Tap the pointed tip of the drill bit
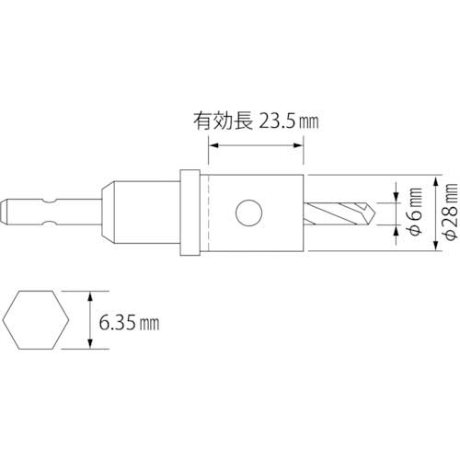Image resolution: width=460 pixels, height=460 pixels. pos(374,213)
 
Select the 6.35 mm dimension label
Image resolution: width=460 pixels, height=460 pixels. pos(129,323)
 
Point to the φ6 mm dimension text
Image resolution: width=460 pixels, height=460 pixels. pos(416,212)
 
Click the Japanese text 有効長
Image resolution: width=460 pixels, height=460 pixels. pos(224,121)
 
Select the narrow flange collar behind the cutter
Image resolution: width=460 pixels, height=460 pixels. pos(190,213)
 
